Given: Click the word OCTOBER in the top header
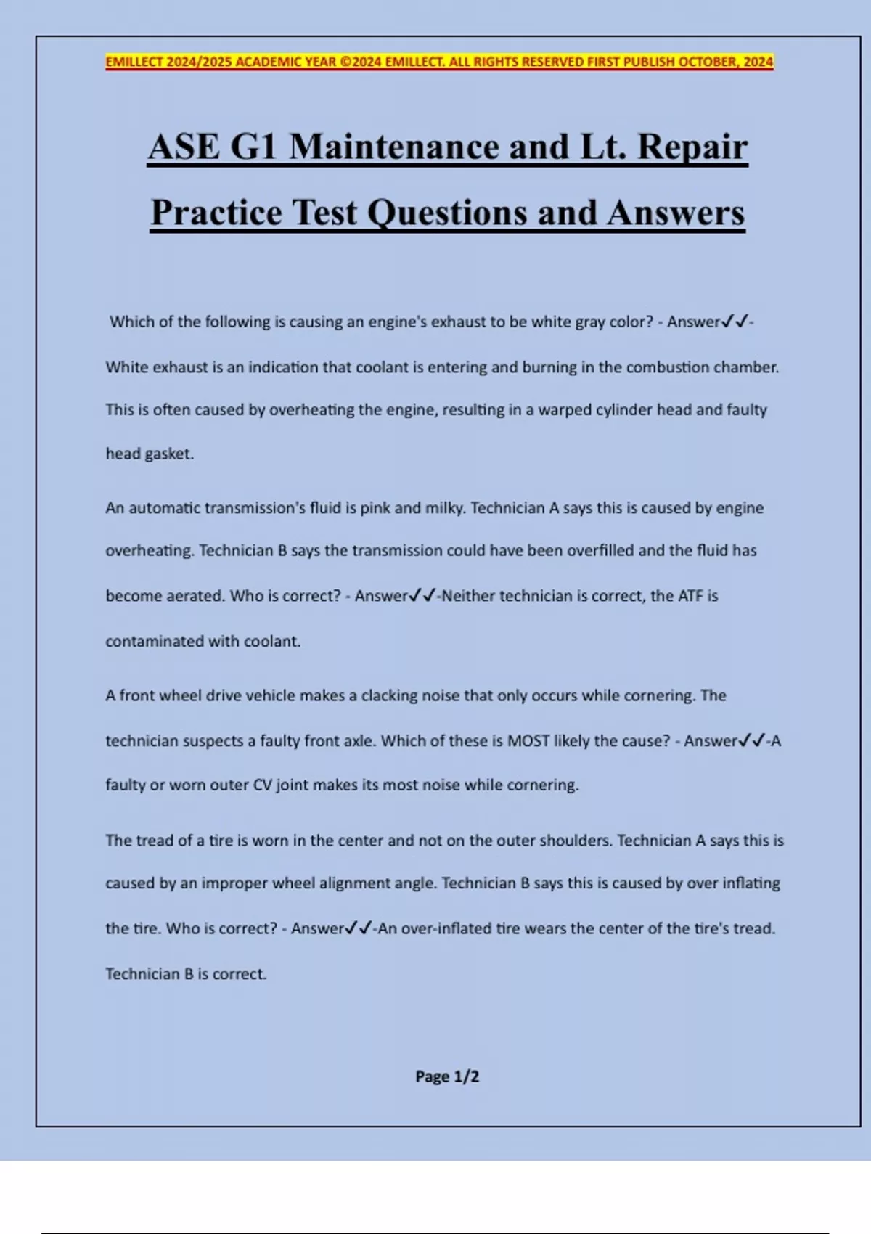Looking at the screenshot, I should (x=706, y=62).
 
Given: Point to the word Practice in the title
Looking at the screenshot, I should (x=216, y=213).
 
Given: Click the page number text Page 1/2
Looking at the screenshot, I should (x=447, y=1076).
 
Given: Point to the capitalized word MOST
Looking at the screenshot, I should (x=528, y=741).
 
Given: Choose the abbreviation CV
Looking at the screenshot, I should (x=261, y=785).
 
